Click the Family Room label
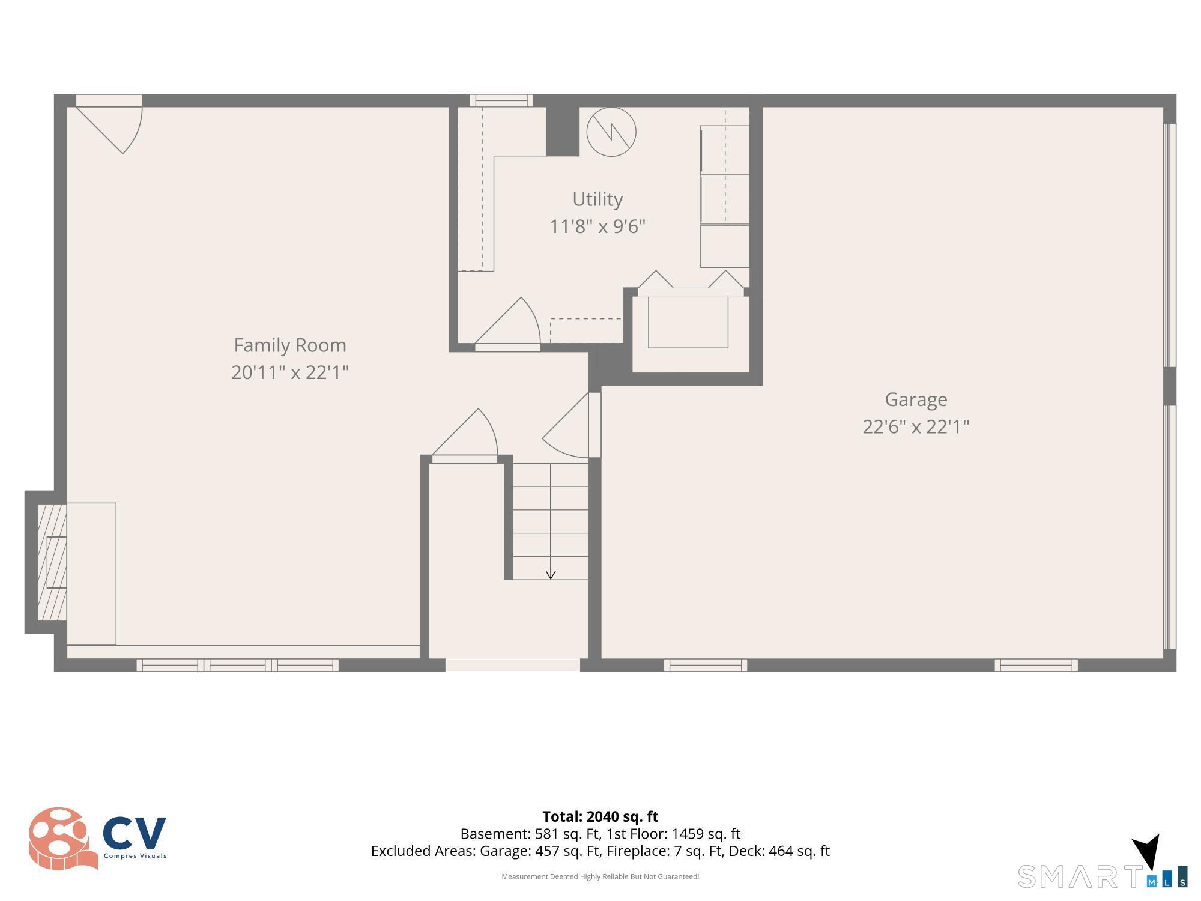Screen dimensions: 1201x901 point(290,345)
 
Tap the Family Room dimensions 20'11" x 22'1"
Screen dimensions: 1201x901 point(290,372)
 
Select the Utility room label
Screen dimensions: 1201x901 point(597,199)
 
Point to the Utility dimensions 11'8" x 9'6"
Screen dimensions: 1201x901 point(597,226)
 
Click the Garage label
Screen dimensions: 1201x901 point(916,399)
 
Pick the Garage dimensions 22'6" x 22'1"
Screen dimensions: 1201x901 point(916,426)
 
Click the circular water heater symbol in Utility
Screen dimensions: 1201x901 point(611,132)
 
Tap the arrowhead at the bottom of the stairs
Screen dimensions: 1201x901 point(551,575)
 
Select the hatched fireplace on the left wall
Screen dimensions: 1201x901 point(52,562)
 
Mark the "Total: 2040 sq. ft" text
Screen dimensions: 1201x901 point(600,816)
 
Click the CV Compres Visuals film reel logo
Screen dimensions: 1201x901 point(63,839)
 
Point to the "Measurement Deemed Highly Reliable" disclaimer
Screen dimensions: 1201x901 point(600,876)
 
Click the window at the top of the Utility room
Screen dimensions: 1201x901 point(501,100)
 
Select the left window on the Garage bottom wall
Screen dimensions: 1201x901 point(706,665)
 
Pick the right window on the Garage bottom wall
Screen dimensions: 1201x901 point(1036,665)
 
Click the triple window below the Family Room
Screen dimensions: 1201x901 point(238,665)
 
